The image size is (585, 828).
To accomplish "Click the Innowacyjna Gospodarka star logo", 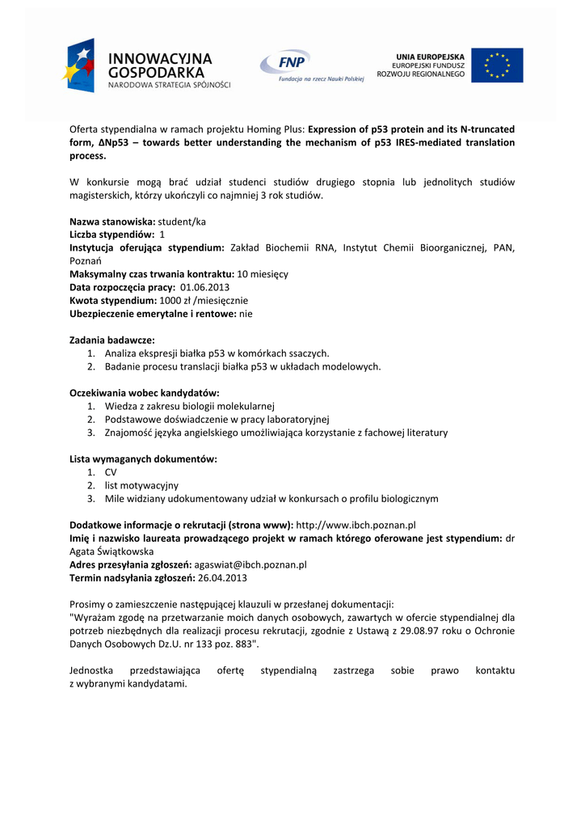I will (x=80, y=65).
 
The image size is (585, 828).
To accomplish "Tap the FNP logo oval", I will (x=284, y=61).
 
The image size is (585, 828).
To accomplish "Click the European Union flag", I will (x=497, y=65).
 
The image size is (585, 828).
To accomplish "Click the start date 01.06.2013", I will (x=204, y=287).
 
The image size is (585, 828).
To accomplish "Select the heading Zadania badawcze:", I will (x=112, y=340).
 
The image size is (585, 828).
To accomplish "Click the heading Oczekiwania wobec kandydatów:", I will (x=145, y=392).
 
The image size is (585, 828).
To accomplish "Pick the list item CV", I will (x=111, y=471).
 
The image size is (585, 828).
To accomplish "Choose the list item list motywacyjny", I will (x=141, y=485).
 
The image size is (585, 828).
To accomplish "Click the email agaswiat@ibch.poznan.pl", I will (x=250, y=564).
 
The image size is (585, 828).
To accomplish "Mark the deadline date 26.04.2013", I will (x=222, y=577).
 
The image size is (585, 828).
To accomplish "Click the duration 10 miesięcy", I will (x=263, y=274).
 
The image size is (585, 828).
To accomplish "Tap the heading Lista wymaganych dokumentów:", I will (x=143, y=458).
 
